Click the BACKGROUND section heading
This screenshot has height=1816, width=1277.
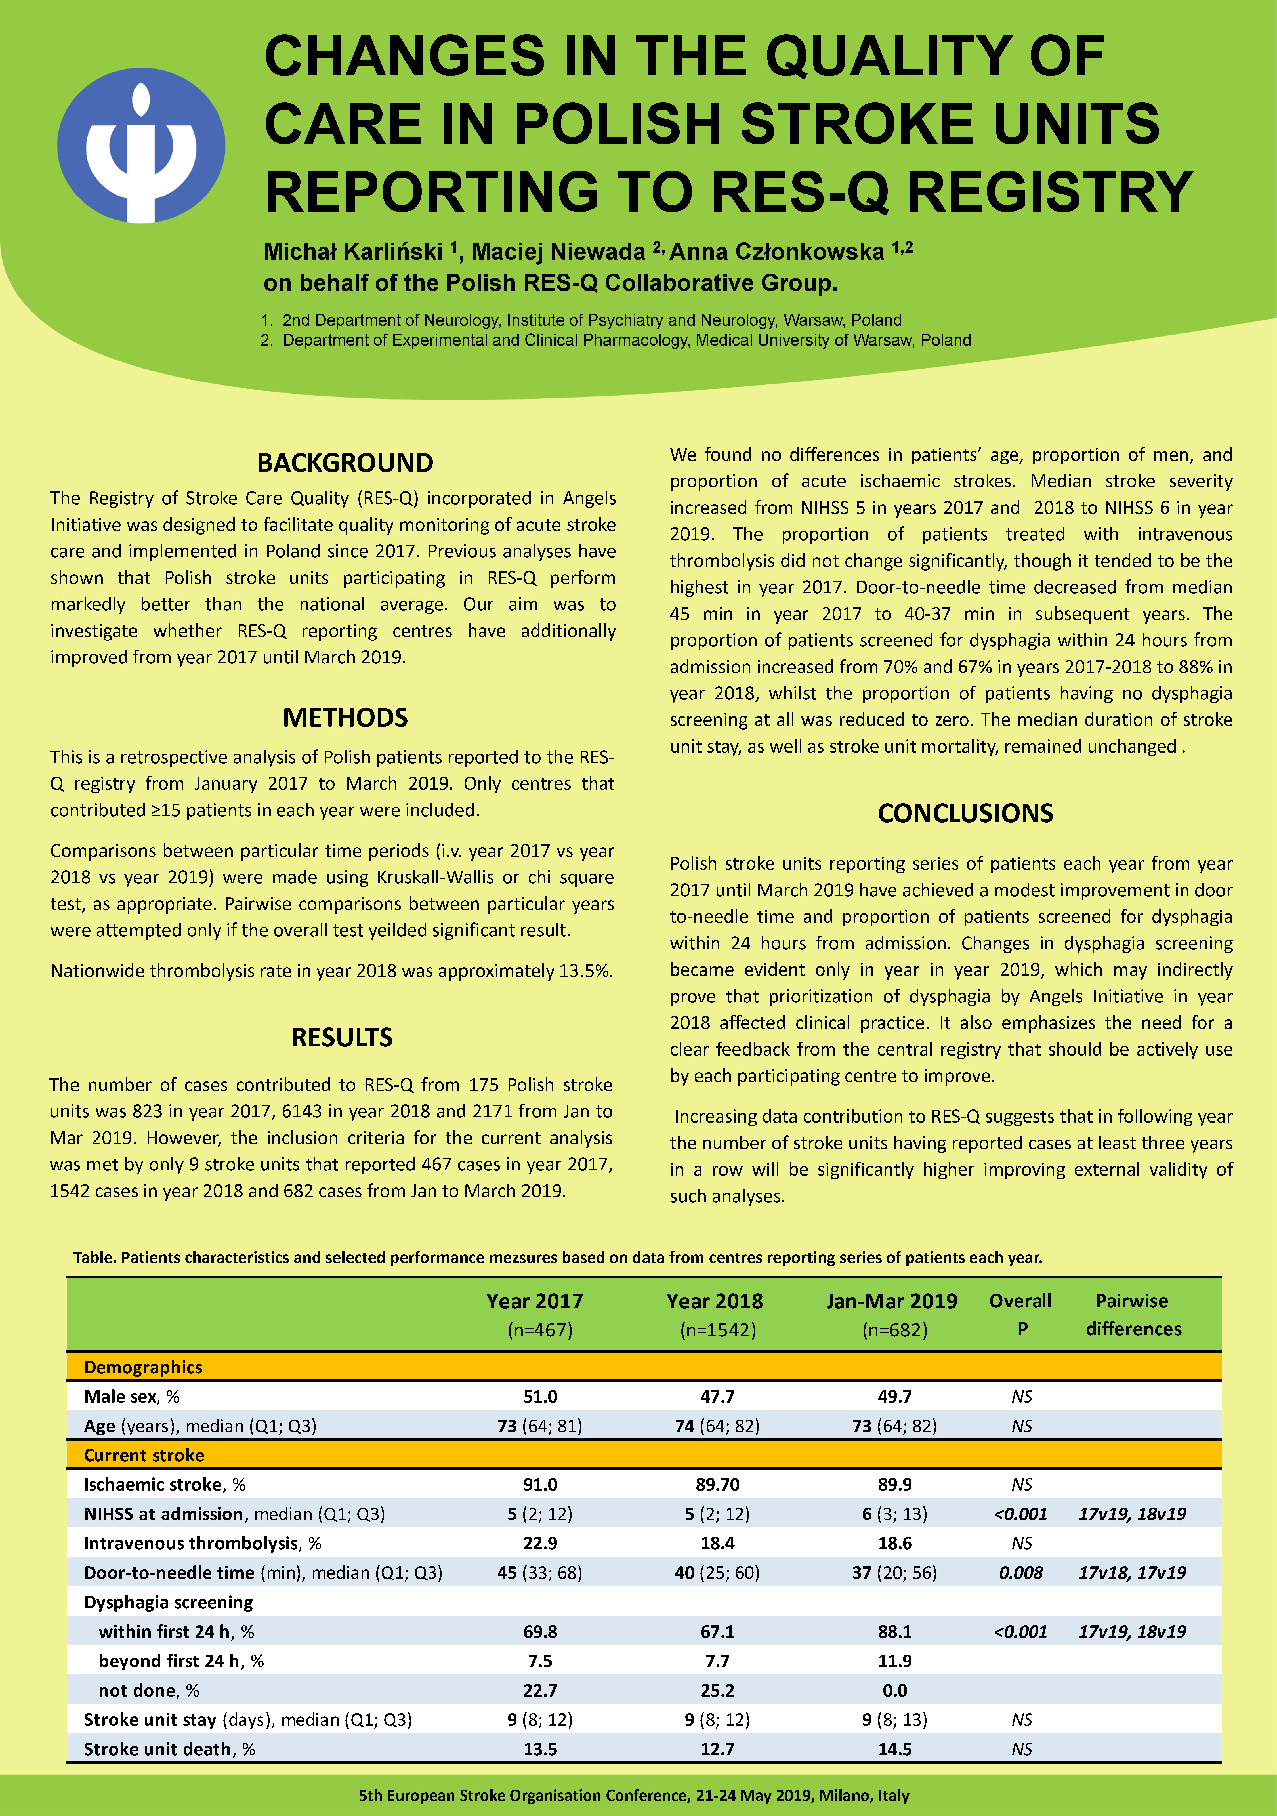[x=345, y=463]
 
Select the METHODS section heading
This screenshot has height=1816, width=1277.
[x=345, y=717]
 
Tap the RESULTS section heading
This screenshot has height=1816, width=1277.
[x=342, y=1037]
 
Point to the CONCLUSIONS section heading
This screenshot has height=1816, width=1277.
[x=965, y=813]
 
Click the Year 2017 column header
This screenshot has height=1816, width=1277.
[x=535, y=1301]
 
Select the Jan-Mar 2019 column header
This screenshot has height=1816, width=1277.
[x=892, y=1301]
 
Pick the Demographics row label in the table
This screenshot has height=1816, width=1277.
[x=143, y=1367]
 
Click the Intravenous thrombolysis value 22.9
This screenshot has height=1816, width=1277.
[x=539, y=1543]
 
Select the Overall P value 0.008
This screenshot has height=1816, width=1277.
[x=1021, y=1572]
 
